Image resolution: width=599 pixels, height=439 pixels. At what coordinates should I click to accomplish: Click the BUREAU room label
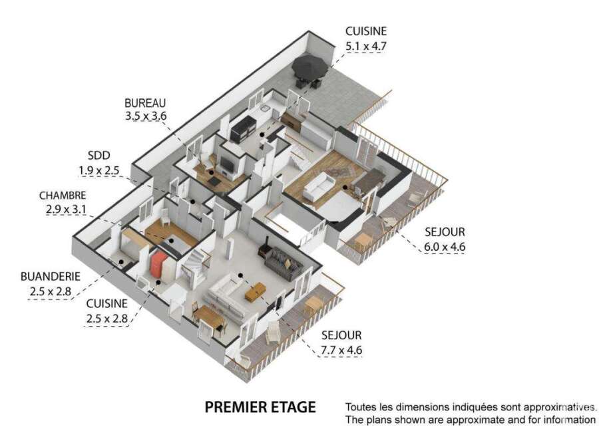(145, 103)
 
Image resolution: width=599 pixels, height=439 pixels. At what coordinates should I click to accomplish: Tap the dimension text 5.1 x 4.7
(366, 46)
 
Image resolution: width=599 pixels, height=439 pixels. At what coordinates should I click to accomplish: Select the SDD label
(99, 156)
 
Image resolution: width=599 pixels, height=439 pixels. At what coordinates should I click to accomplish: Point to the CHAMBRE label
(63, 196)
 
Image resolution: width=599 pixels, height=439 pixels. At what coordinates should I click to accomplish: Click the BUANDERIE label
(51, 277)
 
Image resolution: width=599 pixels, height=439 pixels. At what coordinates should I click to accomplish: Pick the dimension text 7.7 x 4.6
(341, 350)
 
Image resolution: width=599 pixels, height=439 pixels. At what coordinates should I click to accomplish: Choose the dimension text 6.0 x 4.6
(445, 247)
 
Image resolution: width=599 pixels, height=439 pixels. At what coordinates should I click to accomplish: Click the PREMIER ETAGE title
(260, 407)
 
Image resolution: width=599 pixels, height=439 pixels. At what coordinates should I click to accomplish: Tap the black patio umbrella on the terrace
(309, 67)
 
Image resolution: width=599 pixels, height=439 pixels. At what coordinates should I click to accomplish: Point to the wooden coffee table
(255, 291)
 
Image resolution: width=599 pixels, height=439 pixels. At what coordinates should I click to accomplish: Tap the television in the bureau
(227, 164)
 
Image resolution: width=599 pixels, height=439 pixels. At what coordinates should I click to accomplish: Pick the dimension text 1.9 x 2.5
(99, 170)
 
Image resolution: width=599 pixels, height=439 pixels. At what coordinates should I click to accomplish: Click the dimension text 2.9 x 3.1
(66, 210)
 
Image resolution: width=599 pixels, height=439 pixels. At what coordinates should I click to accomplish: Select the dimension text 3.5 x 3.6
(146, 116)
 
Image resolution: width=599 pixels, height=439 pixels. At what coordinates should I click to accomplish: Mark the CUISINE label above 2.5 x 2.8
(107, 304)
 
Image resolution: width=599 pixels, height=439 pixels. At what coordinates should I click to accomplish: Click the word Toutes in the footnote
(361, 407)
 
